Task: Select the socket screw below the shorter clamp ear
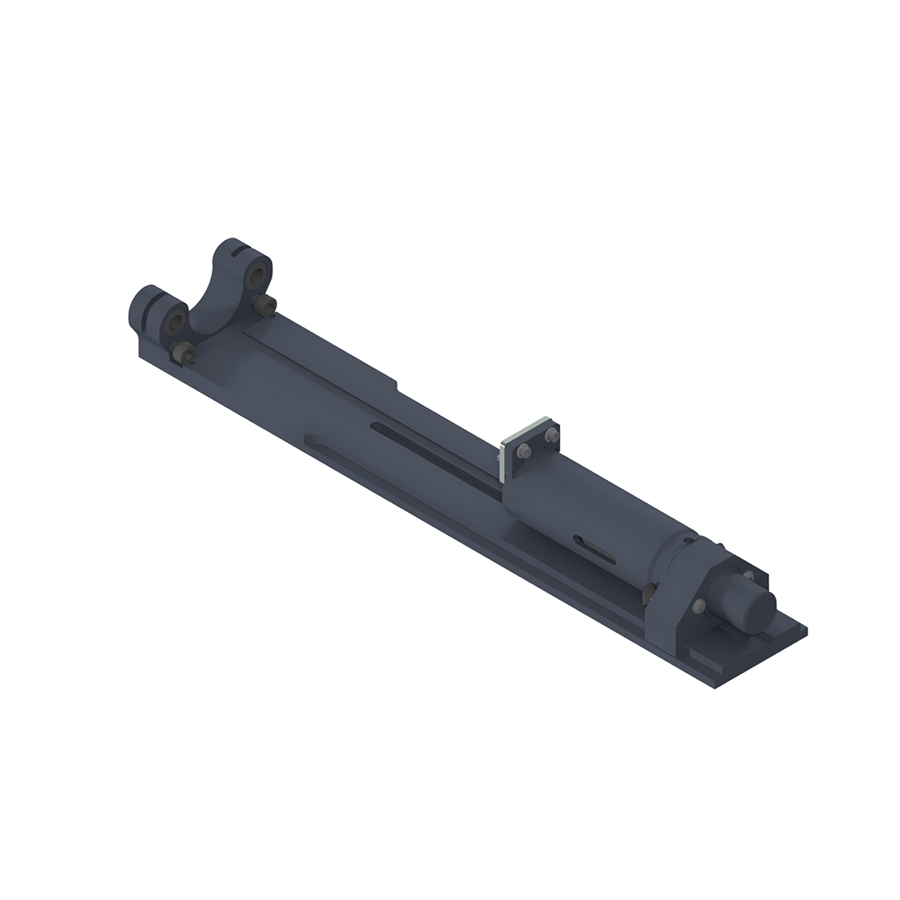pos(182,353)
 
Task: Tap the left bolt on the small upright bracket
pos(523,451)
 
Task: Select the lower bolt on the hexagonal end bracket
pos(698,606)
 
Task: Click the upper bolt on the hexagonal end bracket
pos(747,576)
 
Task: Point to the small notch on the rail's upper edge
pos(397,385)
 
